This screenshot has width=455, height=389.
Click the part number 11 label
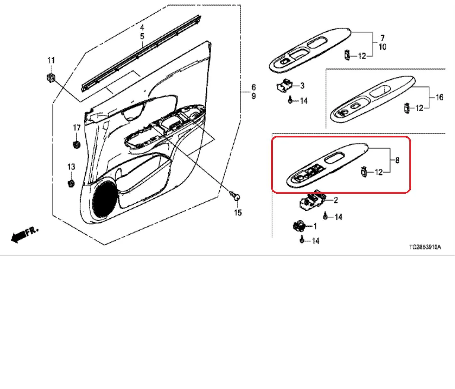click(51, 61)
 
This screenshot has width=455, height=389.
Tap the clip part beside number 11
click(51, 78)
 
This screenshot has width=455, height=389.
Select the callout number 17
click(77, 128)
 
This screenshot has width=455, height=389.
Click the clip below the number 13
click(71, 183)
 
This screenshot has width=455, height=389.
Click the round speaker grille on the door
click(105, 199)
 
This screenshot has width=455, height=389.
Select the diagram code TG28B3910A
click(425, 247)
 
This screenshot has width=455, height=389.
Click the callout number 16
click(439, 97)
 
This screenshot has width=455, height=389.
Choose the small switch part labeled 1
click(299, 226)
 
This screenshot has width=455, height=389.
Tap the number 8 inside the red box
click(397, 160)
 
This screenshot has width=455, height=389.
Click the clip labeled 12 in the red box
click(364, 172)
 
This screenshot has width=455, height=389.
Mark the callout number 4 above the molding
click(142, 28)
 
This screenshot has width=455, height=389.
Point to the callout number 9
click(253, 96)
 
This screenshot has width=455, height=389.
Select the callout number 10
click(382, 47)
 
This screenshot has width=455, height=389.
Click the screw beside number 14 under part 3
click(290, 100)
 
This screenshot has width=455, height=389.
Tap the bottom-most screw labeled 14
click(302, 239)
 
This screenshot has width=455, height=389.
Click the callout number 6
click(253, 87)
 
